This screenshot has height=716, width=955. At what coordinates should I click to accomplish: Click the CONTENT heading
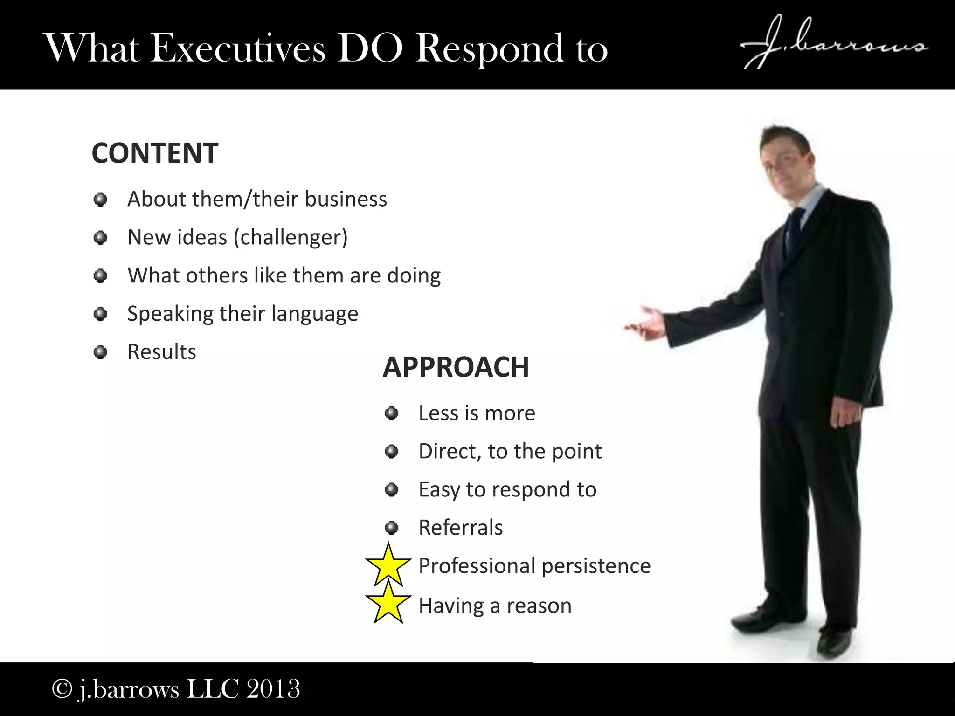pyautogui.click(x=155, y=153)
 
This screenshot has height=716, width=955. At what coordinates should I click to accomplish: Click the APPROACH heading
pyautogui.click(x=456, y=367)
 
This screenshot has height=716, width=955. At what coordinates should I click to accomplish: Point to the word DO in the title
pyautogui.click(x=370, y=48)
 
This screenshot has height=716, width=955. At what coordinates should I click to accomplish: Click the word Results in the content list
pyautogui.click(x=162, y=351)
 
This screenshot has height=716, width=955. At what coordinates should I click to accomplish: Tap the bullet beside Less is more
pyautogui.click(x=392, y=413)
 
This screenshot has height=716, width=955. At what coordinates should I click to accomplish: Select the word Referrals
pyautogui.click(x=461, y=528)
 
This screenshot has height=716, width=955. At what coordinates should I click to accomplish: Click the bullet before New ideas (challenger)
pyautogui.click(x=100, y=238)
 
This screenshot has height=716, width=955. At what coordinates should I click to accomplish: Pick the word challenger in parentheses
pyautogui.click(x=291, y=237)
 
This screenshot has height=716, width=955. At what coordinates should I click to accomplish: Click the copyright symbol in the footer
pyautogui.click(x=61, y=688)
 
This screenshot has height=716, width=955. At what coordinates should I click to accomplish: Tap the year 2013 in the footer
pyautogui.click(x=273, y=688)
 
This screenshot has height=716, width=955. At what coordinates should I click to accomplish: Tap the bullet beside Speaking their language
pyautogui.click(x=100, y=314)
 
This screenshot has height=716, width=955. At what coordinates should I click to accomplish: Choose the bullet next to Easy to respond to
pyautogui.click(x=392, y=489)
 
